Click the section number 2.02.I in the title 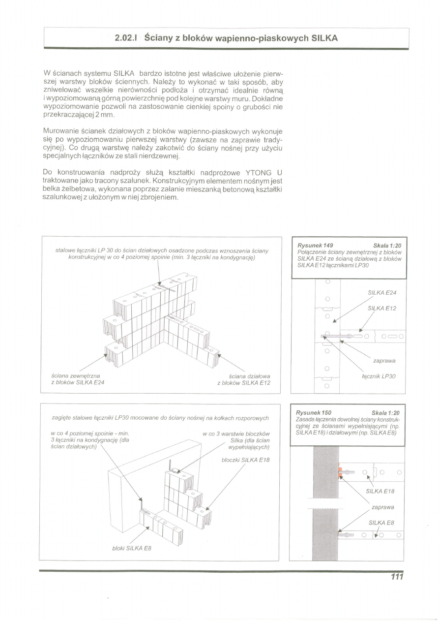[x=126, y=37]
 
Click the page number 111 [x=397, y=577]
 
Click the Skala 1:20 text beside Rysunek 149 [x=387, y=246]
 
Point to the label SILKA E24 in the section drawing [x=382, y=293]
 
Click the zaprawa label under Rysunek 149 [x=384, y=361]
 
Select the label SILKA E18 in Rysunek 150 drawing [x=380, y=491]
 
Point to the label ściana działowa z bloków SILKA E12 [x=243, y=379]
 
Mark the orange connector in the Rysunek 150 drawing [x=340, y=474]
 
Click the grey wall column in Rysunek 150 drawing [x=325, y=502]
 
